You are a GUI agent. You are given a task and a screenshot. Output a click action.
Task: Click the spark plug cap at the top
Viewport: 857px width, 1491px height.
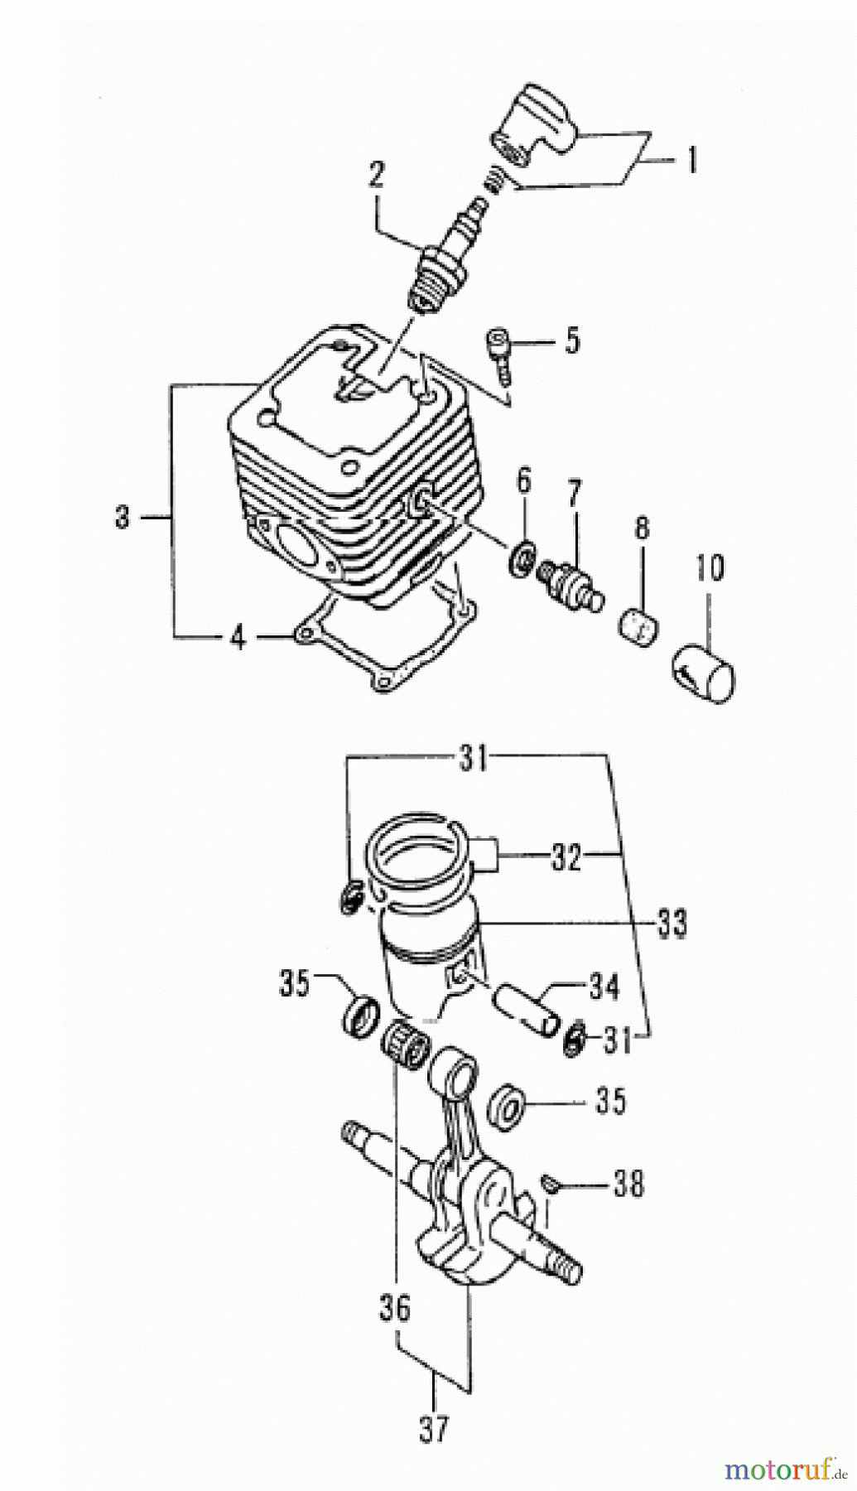click(x=533, y=127)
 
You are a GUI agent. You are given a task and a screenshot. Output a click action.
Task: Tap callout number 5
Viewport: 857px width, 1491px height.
click(x=572, y=340)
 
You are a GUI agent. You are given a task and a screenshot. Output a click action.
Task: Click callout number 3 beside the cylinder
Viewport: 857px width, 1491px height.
click(x=123, y=518)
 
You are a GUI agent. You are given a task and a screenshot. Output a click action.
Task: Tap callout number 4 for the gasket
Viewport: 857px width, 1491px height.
click(x=238, y=637)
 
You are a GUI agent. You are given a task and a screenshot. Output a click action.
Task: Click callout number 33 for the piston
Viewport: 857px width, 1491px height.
click(x=671, y=922)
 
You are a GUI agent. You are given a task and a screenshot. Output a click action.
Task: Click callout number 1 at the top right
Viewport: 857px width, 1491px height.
click(x=690, y=159)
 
